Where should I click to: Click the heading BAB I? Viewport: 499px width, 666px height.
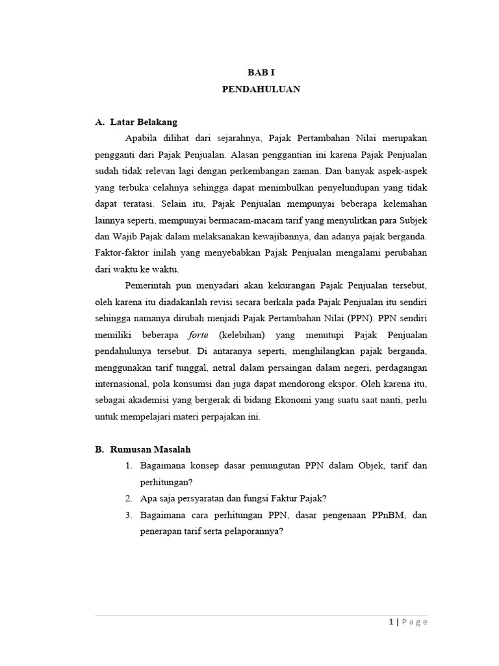coord(260,74)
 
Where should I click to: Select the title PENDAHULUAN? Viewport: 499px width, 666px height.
coord(260,90)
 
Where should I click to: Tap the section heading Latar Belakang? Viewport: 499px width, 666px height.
coord(144,122)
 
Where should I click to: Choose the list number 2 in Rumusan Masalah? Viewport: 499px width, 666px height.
coord(129,498)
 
